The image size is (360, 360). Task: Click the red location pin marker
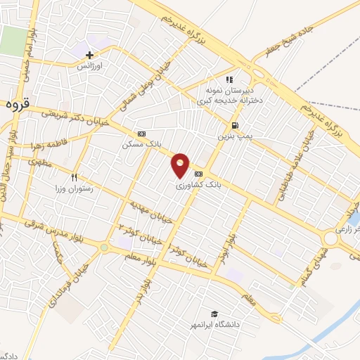point(181,165)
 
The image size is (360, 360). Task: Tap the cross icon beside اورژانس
point(89,54)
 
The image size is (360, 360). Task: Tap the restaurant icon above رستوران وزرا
point(72,177)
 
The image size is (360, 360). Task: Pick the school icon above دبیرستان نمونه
point(229,79)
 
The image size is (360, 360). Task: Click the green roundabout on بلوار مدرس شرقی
point(104,247)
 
